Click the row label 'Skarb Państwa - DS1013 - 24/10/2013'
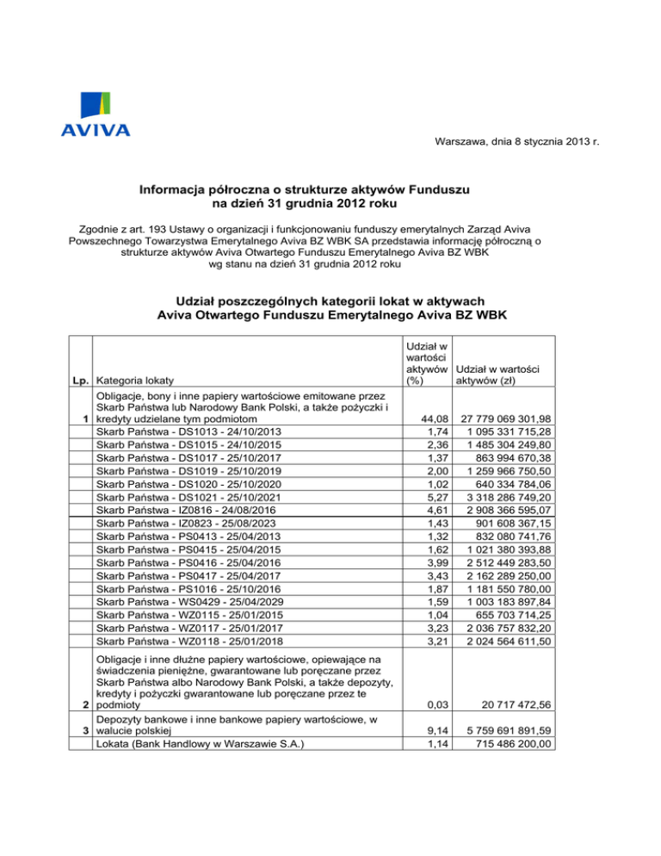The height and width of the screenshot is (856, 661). click(188, 431)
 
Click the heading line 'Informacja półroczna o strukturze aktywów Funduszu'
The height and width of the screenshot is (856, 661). click(304, 188)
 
